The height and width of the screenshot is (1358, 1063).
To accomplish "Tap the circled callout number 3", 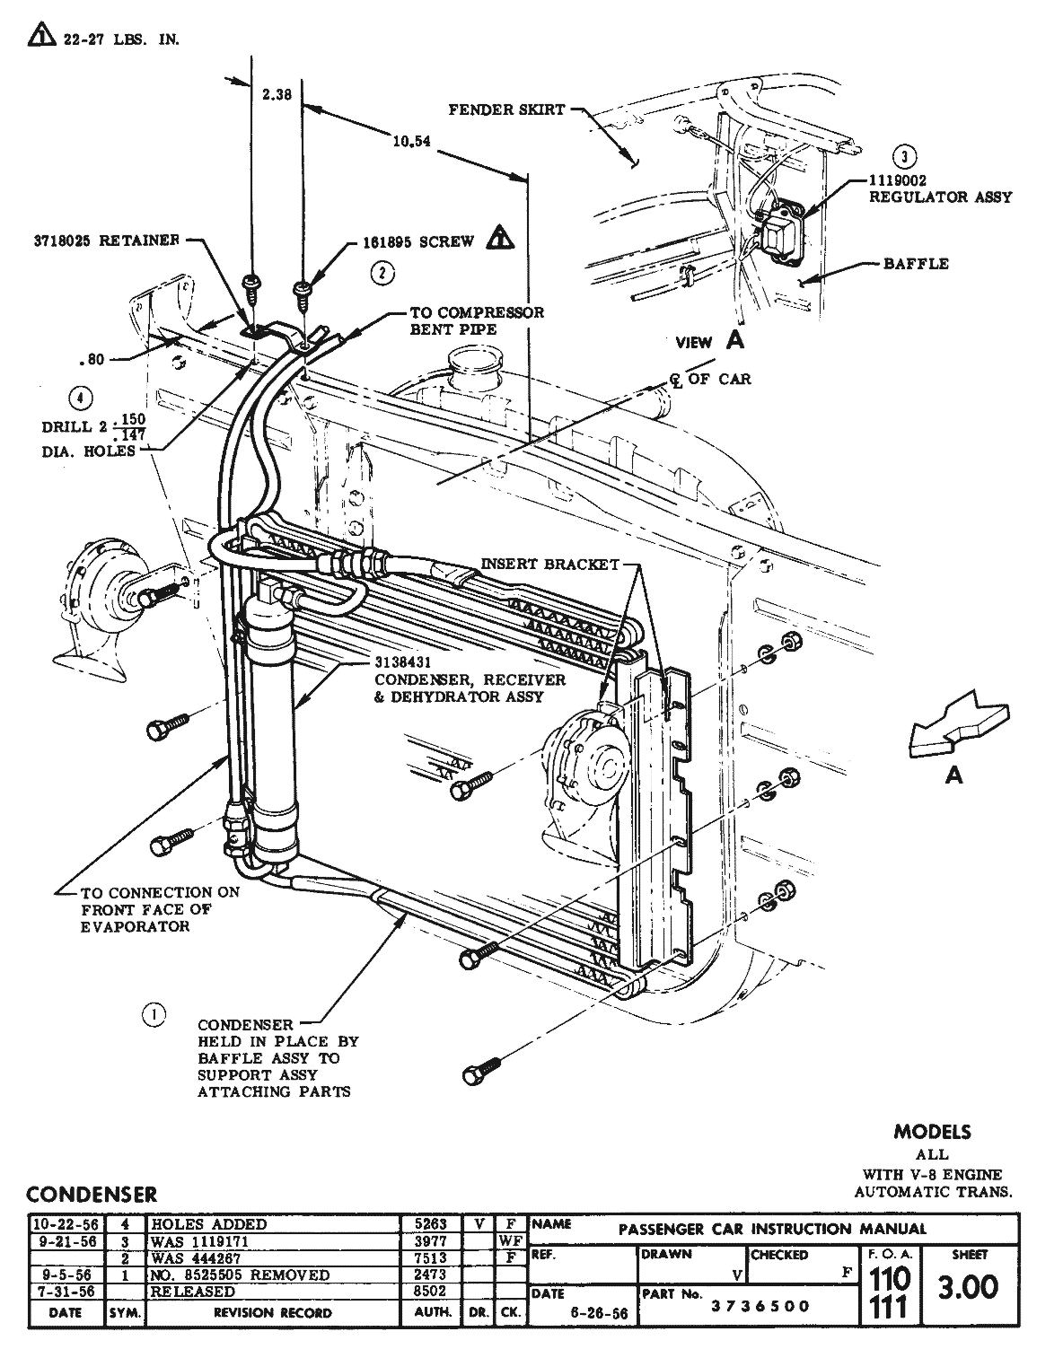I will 907,157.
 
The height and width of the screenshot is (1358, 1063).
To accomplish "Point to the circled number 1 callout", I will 154,1014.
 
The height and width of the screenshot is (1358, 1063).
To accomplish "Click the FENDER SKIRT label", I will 506,110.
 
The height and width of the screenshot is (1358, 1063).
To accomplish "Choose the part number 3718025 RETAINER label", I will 104,241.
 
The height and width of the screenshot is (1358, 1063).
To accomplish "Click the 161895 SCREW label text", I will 417,242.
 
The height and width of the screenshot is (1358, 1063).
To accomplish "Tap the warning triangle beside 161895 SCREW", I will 500,238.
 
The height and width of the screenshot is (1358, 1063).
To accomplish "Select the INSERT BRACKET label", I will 549,564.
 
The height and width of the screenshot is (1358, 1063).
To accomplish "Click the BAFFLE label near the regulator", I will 916,264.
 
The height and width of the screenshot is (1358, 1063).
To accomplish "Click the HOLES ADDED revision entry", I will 208,1223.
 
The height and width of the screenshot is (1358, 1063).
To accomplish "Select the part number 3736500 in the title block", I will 760,1307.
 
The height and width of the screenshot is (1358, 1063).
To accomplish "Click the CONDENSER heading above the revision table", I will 92,1195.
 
